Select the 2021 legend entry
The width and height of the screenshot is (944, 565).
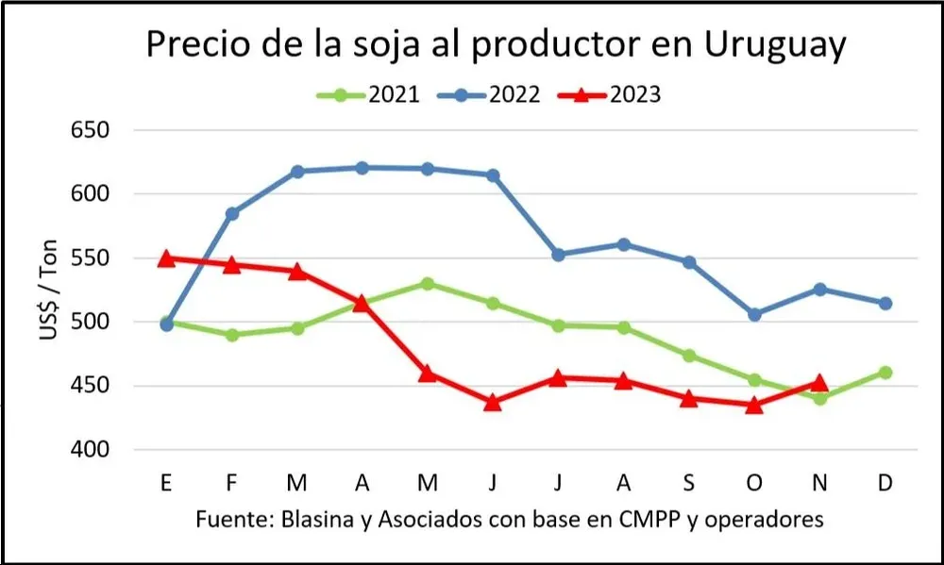[379, 94]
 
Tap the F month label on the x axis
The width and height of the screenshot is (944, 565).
[231, 484]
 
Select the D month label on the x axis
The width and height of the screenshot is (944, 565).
[885, 484]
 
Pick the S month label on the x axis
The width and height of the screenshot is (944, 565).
[689, 484]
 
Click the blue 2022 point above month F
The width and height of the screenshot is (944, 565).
[232, 213]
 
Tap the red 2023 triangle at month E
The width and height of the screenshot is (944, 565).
[167, 258]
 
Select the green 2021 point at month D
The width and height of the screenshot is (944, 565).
[885, 373]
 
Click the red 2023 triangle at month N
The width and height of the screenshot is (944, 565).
[819, 382]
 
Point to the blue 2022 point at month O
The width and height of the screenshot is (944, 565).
[754, 314]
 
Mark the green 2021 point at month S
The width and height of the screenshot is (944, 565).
[689, 356]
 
